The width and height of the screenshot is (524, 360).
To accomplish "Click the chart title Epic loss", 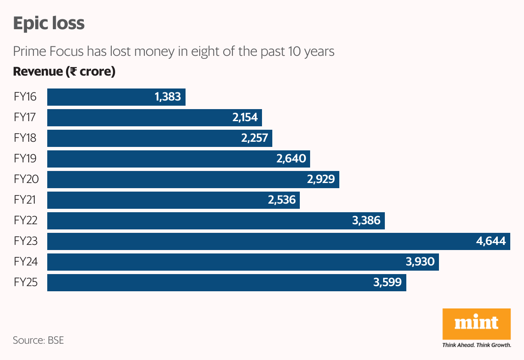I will click(49, 23).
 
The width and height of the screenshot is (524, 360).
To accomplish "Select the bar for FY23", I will click(258, 241).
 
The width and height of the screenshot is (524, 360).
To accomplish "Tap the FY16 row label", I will click(25, 97).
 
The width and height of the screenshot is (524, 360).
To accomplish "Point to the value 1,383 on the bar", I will click(168, 97).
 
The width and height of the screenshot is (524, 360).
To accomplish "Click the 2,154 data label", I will click(245, 118).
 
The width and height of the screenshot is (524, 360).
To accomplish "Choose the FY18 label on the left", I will click(25, 138).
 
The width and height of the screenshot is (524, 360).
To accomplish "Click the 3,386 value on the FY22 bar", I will click(366, 221).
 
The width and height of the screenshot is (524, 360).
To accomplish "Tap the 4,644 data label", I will click(491, 241).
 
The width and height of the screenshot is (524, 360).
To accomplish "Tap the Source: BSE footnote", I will click(38, 340).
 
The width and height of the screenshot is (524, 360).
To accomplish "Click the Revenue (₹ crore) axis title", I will click(64, 72).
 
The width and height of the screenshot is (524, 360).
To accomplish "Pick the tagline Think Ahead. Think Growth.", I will click(476, 345).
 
